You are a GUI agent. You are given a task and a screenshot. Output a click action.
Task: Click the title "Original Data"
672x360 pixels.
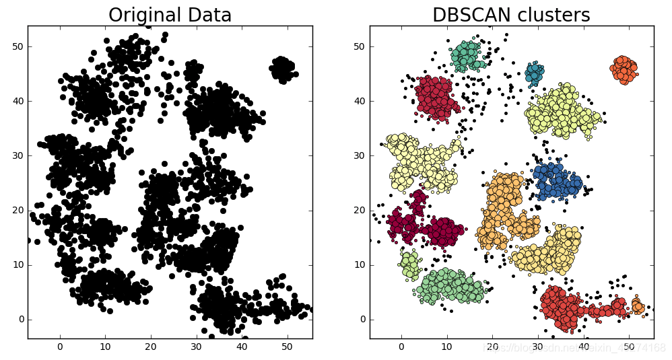point(170,15)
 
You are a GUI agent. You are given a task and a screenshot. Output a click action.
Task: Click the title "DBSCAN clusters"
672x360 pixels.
point(510,15)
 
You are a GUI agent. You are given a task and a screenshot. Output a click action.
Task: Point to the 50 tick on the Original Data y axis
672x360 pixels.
point(19,46)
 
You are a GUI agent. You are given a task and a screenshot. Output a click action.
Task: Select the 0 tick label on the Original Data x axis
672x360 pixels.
point(60,347)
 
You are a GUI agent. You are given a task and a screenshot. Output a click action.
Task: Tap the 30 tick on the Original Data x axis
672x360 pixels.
point(196,347)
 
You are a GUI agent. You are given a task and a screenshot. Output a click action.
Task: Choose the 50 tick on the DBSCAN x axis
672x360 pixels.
point(628,347)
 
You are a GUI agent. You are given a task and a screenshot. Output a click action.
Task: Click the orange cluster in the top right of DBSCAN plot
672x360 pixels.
point(624,68)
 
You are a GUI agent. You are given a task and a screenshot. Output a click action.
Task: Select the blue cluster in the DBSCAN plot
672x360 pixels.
point(558,180)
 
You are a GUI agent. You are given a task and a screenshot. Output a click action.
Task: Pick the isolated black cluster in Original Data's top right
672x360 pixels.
point(283,69)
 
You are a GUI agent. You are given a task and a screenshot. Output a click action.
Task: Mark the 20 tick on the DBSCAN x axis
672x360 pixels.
point(492,347)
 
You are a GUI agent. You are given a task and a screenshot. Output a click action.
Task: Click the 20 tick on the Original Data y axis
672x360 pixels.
point(19,210)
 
